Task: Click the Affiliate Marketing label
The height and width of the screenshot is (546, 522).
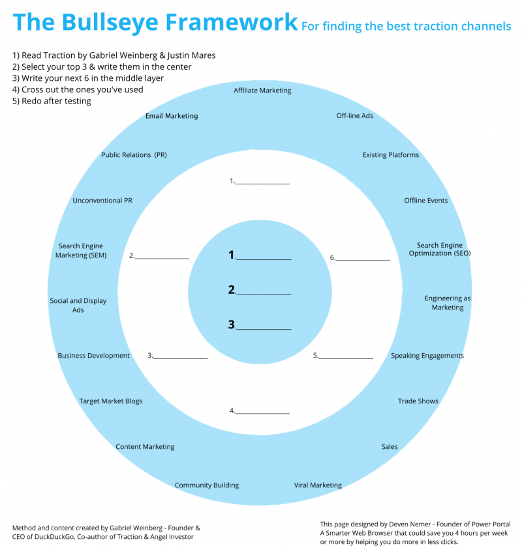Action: click(262, 91)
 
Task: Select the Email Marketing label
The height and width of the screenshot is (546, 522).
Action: click(172, 116)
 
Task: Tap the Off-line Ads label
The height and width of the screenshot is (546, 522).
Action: click(355, 116)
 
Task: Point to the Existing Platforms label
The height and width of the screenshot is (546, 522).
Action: click(391, 155)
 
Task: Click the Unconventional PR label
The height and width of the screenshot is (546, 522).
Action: click(102, 201)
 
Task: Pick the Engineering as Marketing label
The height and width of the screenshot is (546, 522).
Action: click(448, 303)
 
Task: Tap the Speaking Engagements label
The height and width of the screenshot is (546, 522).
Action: click(427, 356)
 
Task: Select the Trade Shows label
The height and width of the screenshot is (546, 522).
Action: click(418, 401)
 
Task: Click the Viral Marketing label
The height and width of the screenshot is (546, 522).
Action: click(318, 485)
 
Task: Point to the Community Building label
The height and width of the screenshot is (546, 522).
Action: click(207, 485)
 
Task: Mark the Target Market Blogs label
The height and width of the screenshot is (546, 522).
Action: click(111, 401)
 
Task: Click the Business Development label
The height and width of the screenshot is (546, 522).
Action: click(94, 356)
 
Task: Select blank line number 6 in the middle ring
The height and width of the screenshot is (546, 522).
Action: click(363, 257)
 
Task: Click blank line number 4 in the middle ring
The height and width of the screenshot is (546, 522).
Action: click(262, 411)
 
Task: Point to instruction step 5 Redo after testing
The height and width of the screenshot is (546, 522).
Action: click(52, 101)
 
